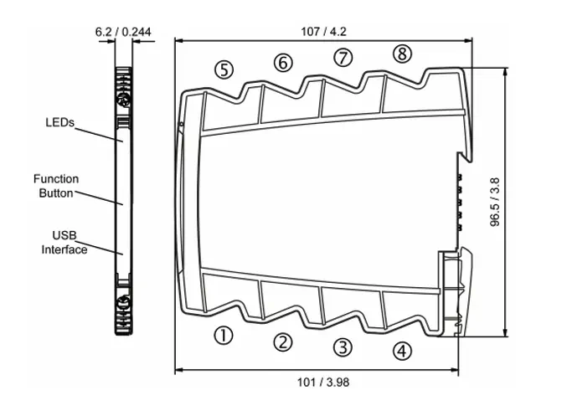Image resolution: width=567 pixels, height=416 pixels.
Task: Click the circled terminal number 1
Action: (223, 335)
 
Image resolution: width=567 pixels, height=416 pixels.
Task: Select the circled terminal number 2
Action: (284, 341)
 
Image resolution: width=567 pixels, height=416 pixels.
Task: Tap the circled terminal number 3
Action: (342, 346)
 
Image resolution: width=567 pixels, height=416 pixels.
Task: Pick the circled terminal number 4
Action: (403, 351)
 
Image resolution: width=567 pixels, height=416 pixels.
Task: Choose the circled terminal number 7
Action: (343, 57)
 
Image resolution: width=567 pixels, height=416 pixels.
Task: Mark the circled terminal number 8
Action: (403, 54)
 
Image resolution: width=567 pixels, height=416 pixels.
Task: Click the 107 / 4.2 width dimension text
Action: (323, 32)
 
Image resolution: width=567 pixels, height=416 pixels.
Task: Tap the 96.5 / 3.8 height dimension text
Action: (496, 201)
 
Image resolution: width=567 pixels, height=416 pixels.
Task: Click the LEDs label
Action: (59, 122)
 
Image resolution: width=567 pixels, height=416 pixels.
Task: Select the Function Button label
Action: (56, 186)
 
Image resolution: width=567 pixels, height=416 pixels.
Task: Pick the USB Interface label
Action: (64, 243)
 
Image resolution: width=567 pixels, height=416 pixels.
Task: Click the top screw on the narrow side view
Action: (122, 100)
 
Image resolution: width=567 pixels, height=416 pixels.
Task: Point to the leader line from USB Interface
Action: (104, 248)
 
